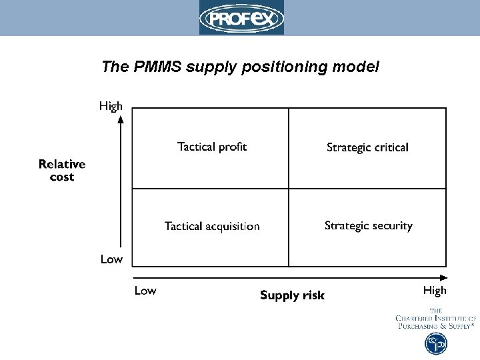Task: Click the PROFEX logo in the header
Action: click(x=241, y=17)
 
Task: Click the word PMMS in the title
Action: click(x=161, y=67)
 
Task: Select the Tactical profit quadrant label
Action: click(x=212, y=147)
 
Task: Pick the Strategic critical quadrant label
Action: click(x=367, y=147)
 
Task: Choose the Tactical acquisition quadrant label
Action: click(x=212, y=227)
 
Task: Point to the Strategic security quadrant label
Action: click(x=368, y=226)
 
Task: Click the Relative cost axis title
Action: click(x=62, y=170)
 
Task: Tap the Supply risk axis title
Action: click(x=292, y=295)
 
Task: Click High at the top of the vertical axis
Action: click(x=111, y=106)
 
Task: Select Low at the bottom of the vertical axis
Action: click(x=111, y=259)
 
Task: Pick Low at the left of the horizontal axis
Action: click(x=145, y=291)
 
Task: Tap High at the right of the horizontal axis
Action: click(x=435, y=291)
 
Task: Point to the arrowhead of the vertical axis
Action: click(x=121, y=120)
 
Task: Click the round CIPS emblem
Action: click(x=436, y=344)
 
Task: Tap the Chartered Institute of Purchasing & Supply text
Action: click(x=435, y=319)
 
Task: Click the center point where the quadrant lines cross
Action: click(x=289, y=189)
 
